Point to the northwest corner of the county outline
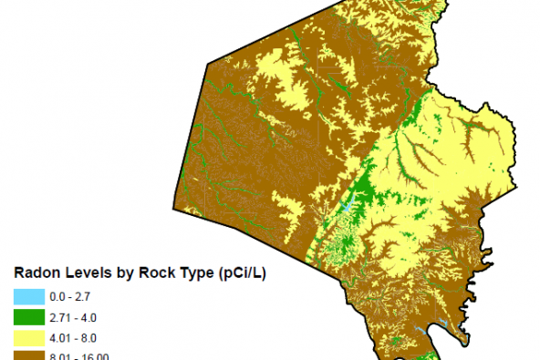pyautogui.click(x=209, y=64)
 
